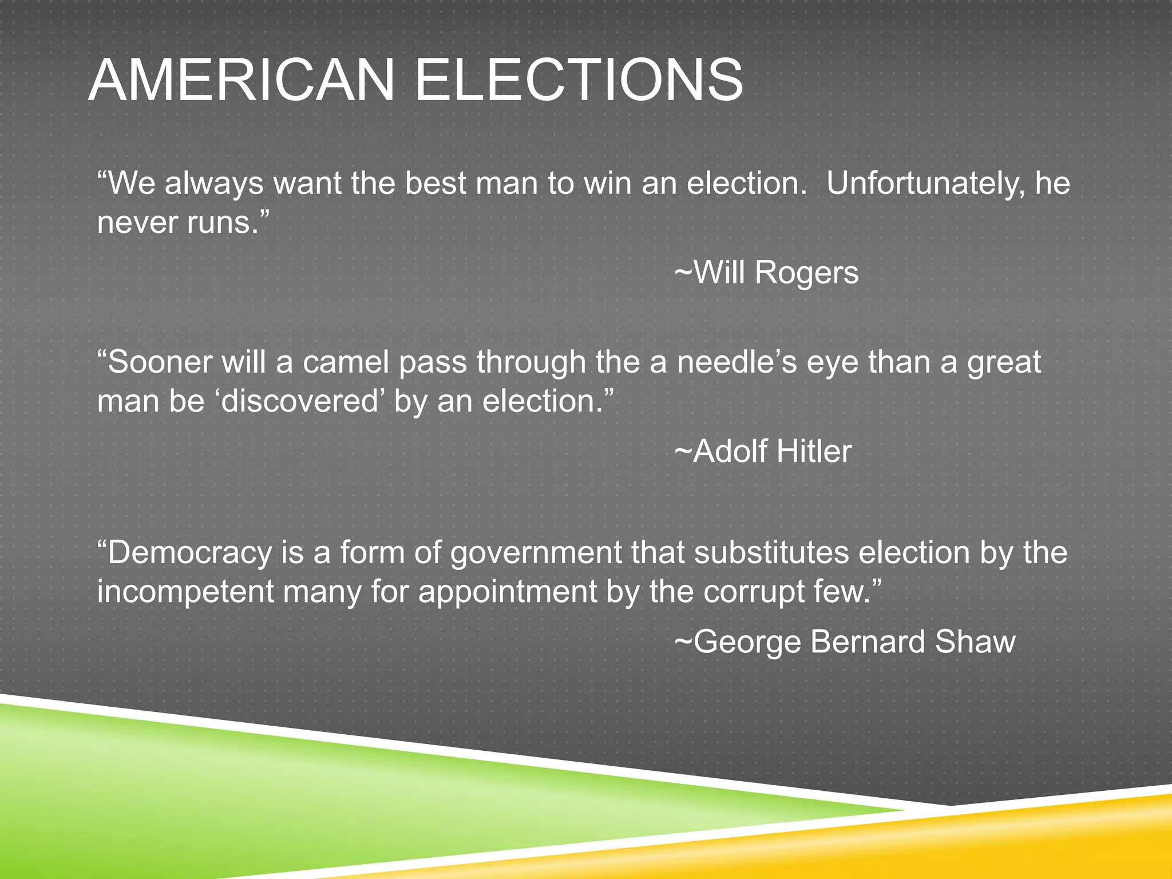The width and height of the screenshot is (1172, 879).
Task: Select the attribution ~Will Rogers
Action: pyautogui.click(x=767, y=272)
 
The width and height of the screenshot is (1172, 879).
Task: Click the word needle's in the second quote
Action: pyautogui.click(x=737, y=362)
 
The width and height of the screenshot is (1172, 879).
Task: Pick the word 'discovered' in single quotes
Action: pyautogui.click(x=299, y=401)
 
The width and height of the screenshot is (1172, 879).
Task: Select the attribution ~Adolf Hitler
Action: pyautogui.click(x=763, y=452)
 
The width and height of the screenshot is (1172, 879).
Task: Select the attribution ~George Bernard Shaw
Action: pyautogui.click(x=845, y=642)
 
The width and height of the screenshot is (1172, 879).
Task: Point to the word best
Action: pyautogui.click(x=437, y=184)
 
